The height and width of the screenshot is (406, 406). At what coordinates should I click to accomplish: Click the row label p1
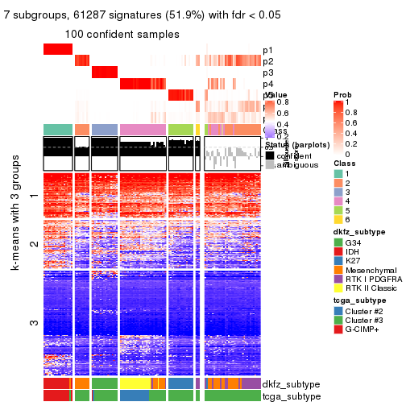(x=268, y=50)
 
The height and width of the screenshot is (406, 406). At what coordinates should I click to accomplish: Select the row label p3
(x=268, y=72)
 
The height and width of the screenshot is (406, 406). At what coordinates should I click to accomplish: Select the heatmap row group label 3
(x=33, y=323)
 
